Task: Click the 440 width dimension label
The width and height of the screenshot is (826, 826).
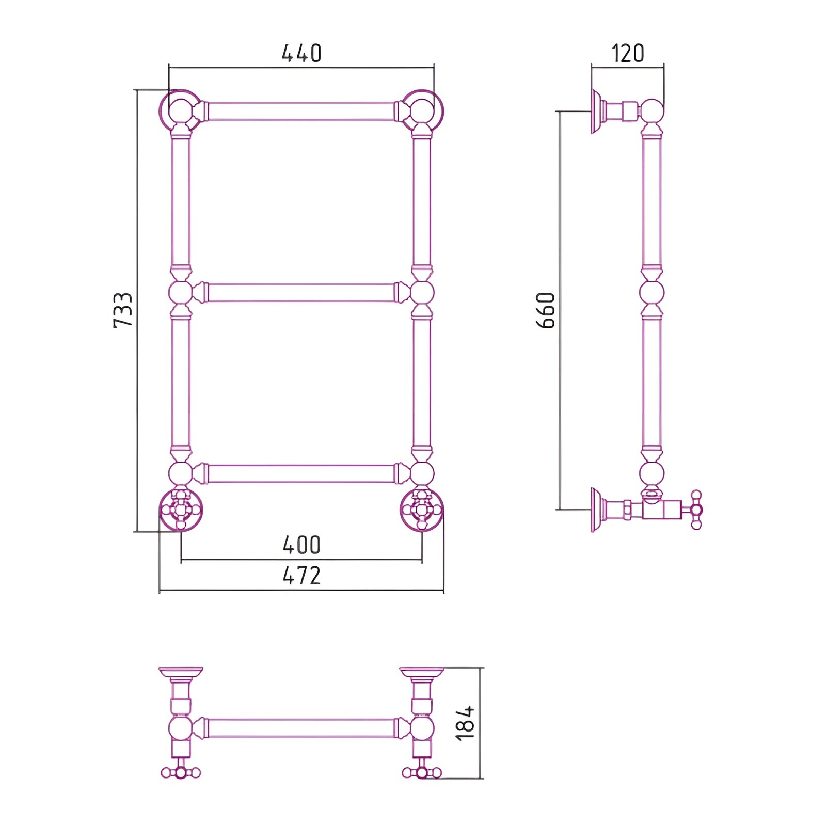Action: (301, 53)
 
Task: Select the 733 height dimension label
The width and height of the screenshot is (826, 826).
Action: (123, 310)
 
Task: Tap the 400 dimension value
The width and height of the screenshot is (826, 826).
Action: (301, 545)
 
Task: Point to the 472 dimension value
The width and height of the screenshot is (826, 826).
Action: (301, 575)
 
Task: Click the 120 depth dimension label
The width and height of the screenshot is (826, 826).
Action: (628, 53)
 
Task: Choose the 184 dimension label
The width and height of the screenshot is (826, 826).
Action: (465, 723)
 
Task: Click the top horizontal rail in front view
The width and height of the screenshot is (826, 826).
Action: (301, 112)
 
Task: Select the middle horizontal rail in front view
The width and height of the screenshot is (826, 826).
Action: (301, 292)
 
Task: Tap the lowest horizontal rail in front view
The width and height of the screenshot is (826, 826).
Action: (301, 473)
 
